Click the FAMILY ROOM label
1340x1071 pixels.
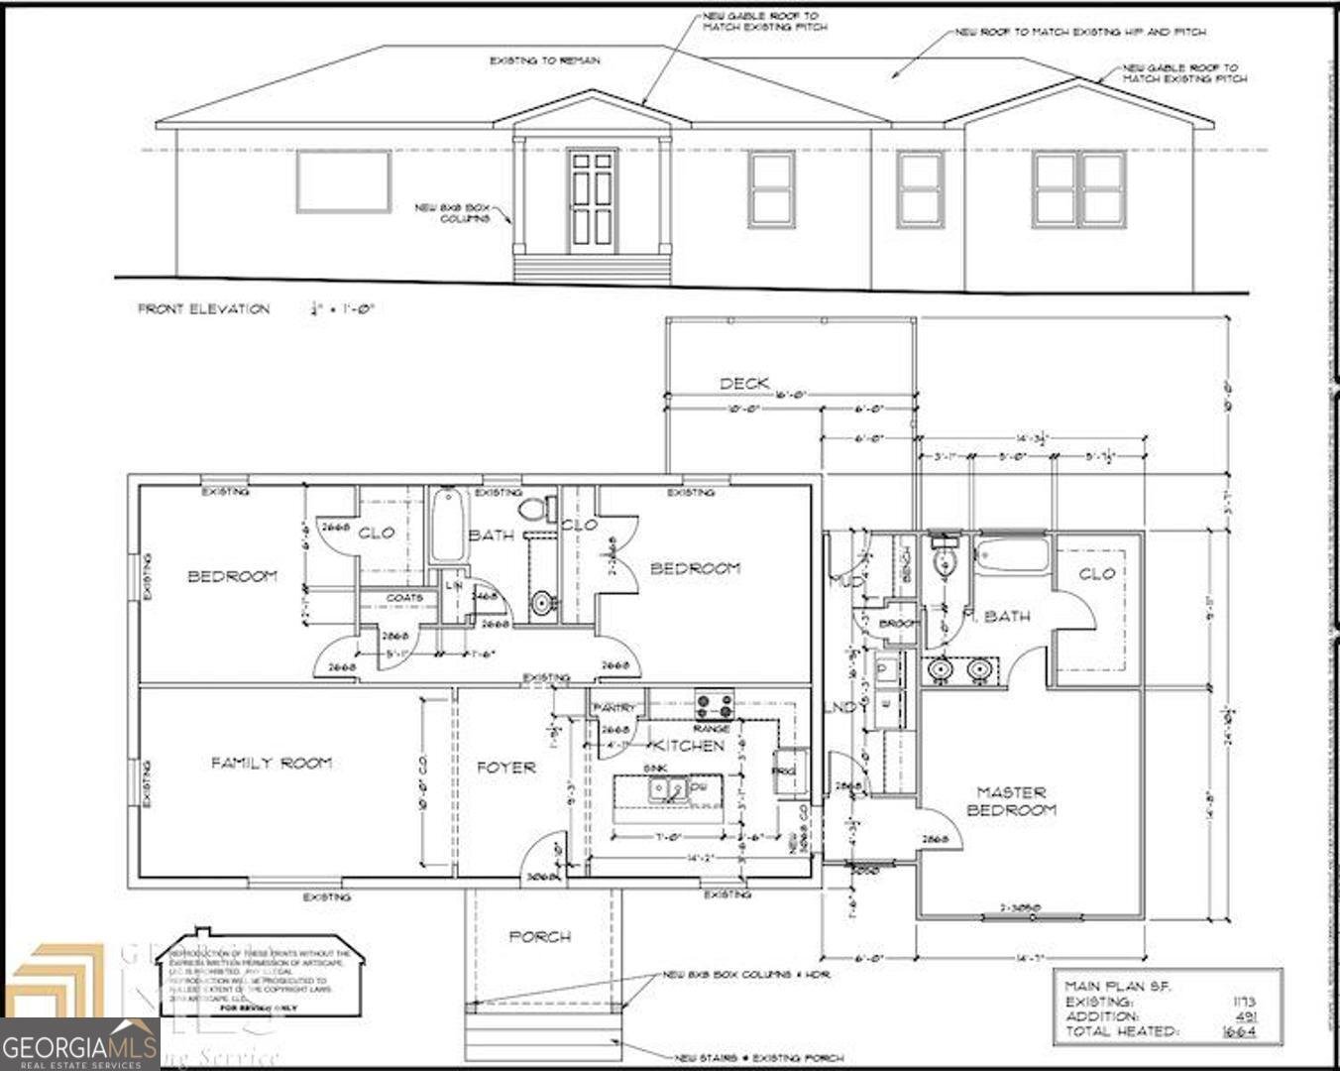[x=271, y=763]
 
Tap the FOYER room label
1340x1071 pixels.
[x=506, y=767]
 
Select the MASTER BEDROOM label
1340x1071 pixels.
[x=1012, y=800]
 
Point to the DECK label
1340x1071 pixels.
[x=744, y=383]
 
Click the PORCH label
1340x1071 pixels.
[x=540, y=936]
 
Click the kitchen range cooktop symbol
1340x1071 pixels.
[x=714, y=705]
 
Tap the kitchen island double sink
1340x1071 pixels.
[x=667, y=789]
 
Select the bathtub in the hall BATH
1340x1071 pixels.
[x=446, y=526]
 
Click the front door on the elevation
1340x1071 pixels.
[x=593, y=201]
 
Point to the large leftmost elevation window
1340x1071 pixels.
[x=343, y=181]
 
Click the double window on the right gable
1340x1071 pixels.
[x=1078, y=188]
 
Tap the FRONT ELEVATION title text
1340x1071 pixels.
[x=203, y=309]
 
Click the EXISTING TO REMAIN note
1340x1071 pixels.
[x=544, y=60]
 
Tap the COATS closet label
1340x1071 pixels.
[x=404, y=598]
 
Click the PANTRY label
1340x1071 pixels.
[x=614, y=707]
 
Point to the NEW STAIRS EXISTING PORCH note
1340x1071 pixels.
[x=759, y=1058]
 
